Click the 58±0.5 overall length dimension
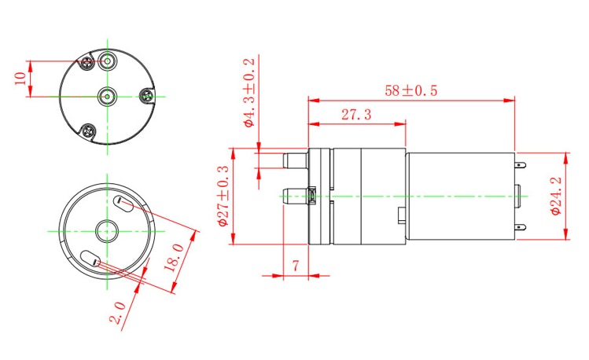coord(410,91)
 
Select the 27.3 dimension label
coord(356,115)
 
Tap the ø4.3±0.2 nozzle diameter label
coord(250,93)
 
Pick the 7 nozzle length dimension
coord(295,266)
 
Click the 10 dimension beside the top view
coord(20,79)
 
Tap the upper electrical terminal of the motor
coord(521,164)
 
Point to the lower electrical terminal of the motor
coord(521,228)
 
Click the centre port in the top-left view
coord(106,96)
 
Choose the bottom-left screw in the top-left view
coord(89,130)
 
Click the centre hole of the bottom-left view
coord(106,231)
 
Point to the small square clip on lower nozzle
coord(311,195)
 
